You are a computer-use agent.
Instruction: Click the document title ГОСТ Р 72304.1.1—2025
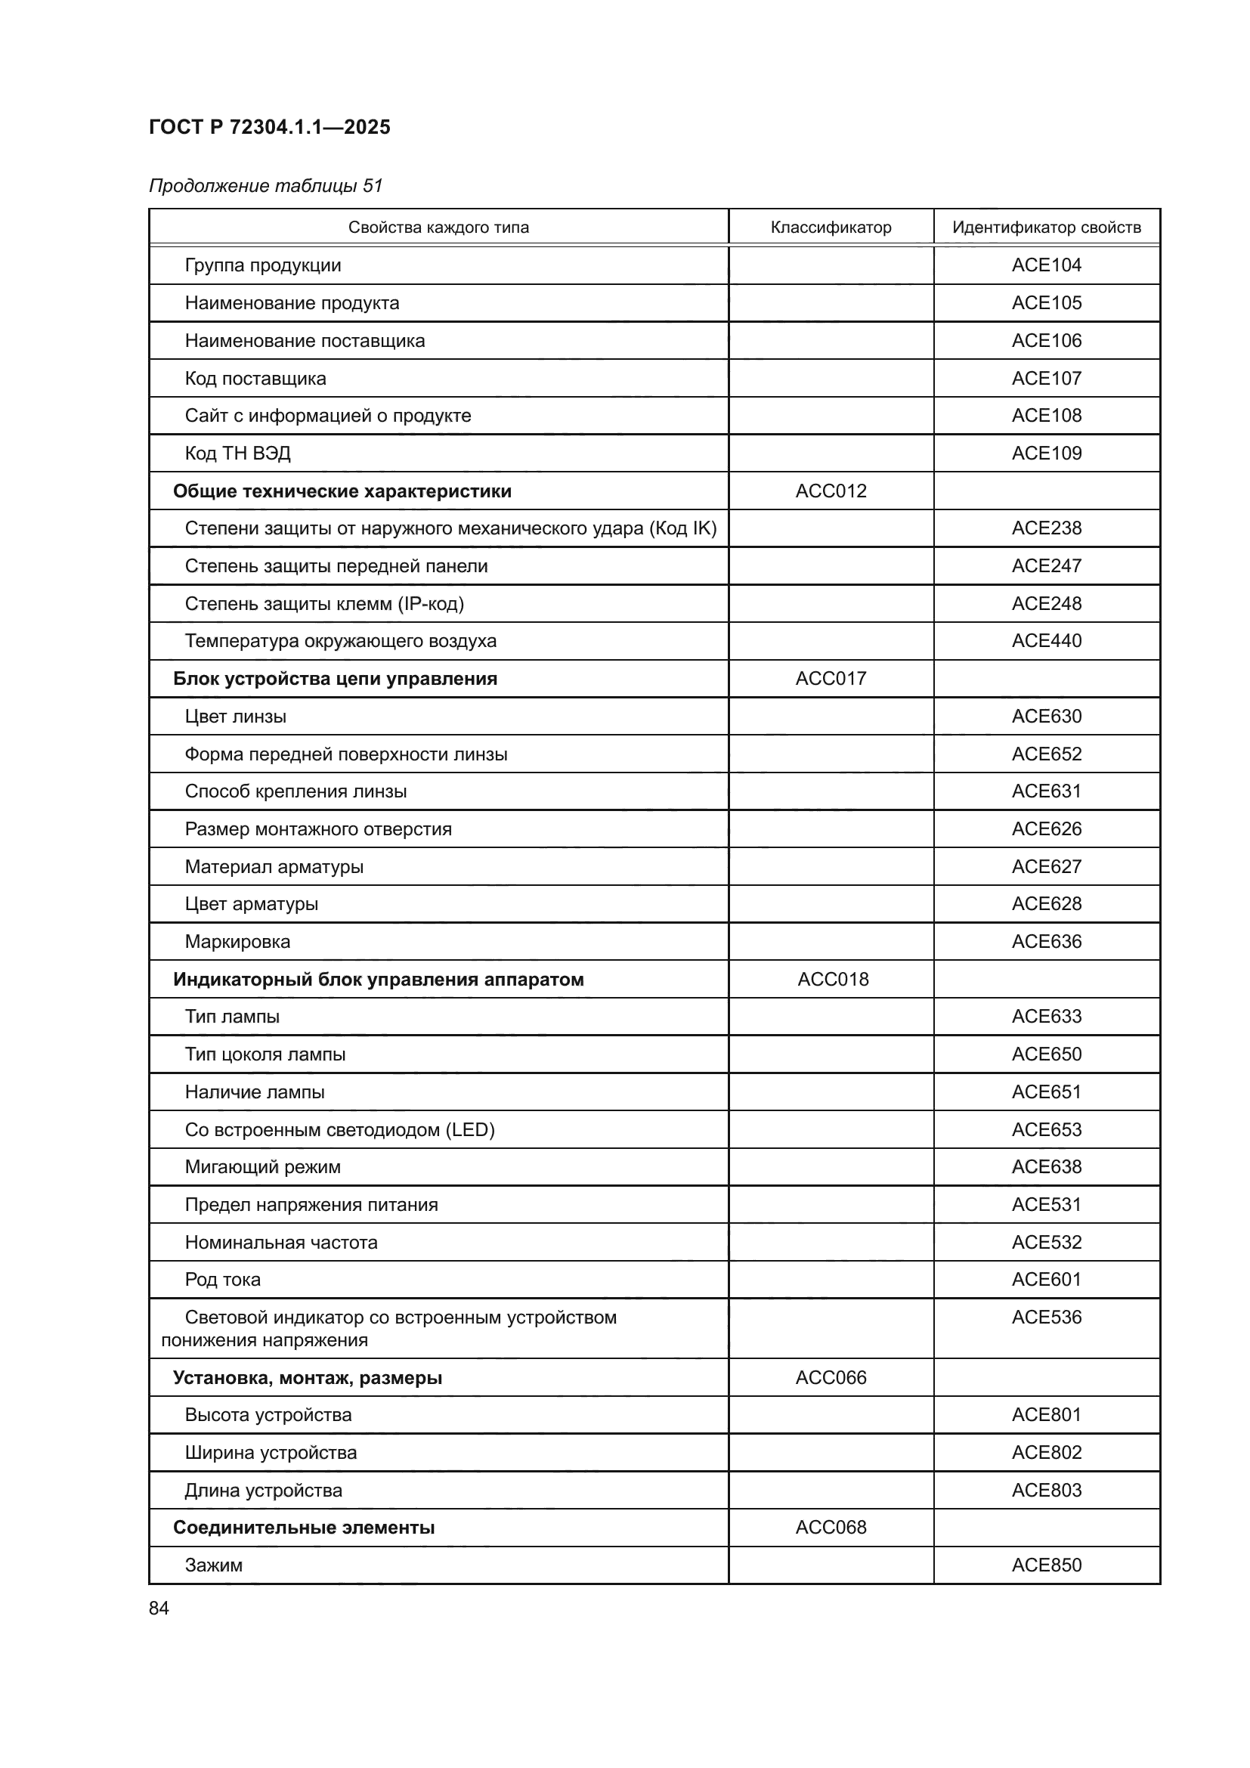pos(269,127)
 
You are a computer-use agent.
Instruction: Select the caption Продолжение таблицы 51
pos(265,186)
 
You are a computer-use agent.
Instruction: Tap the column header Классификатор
pos(831,228)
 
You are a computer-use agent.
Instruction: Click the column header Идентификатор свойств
pos(1046,228)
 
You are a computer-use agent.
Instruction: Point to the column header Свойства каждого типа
pos(438,228)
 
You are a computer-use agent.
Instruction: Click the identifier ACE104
pos(1046,265)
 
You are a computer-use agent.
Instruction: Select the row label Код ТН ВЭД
pos(237,454)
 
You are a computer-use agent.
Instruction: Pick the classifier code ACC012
pos(831,491)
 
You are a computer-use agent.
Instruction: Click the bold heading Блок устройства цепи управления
pos(335,680)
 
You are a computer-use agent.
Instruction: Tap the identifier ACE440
pos(1046,641)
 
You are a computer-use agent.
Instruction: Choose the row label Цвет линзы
pos(235,717)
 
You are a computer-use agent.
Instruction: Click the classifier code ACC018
pos(833,980)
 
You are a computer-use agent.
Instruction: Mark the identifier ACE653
pos(1046,1129)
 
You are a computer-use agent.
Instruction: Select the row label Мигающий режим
pos(262,1167)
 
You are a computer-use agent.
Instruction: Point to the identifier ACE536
pos(1046,1317)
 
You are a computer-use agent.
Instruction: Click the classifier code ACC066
pos(831,1378)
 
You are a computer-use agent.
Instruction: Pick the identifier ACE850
pos(1046,1565)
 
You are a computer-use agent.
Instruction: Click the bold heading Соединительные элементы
pos(303,1528)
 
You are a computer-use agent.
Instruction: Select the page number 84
pos(159,1609)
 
